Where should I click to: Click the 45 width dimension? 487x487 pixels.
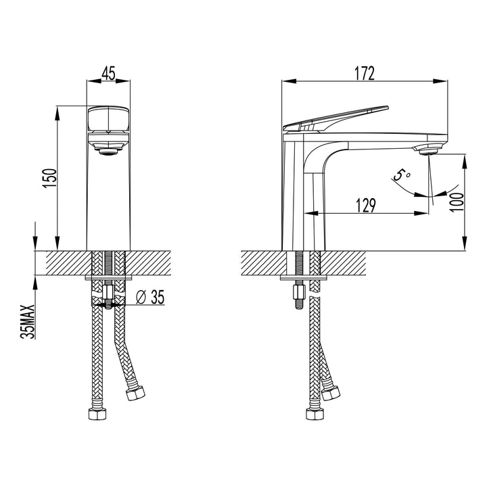click(108, 72)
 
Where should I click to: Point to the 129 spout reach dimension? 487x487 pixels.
click(365, 205)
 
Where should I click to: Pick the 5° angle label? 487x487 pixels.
click(402, 176)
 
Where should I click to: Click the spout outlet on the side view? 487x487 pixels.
click(427, 150)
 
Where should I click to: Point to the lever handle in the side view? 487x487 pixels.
click(338, 118)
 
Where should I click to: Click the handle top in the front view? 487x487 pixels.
click(108, 118)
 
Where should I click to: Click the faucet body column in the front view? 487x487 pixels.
click(108, 203)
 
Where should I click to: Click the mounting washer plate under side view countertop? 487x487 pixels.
click(303, 277)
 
